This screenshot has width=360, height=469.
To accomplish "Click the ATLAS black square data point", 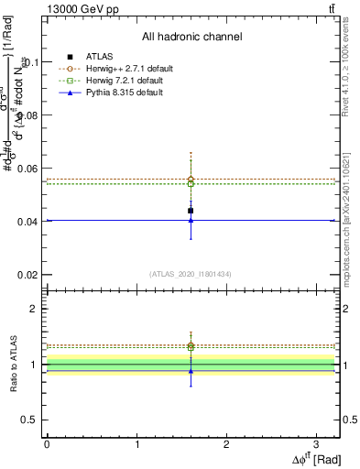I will pyautogui.click(x=191, y=211).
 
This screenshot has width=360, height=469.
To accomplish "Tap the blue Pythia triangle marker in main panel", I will pyautogui.click(x=191, y=220).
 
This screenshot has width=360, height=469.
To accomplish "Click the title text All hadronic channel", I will pyautogui.click(x=191, y=38).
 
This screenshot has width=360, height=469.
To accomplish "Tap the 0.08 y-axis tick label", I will pyautogui.click(x=30, y=115).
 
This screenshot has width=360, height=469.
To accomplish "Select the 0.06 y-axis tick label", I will pyautogui.click(x=30, y=169).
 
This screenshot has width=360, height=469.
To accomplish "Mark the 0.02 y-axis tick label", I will pyautogui.click(x=30, y=275).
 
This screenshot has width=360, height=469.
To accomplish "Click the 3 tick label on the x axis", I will pyautogui.click(x=315, y=442).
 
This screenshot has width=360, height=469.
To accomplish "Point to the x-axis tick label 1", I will pyautogui.click(x=136, y=442).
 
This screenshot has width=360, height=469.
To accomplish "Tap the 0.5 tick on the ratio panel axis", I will pyautogui.click(x=33, y=420).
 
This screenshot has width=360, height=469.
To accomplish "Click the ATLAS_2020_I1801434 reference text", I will pyautogui.click(x=191, y=273).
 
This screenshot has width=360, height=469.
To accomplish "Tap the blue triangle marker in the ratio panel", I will pyautogui.click(x=191, y=370).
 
